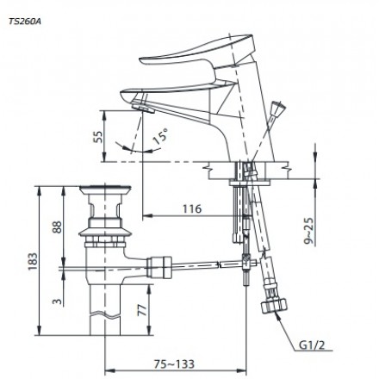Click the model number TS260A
point(25,22)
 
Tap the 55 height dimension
point(98,137)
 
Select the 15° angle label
point(160,136)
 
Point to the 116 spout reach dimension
point(192,208)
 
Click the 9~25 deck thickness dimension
point(309,231)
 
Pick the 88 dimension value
point(58,227)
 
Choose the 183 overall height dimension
point(33,261)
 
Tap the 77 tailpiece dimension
point(142,310)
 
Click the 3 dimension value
point(58,301)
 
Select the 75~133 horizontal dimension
point(174,364)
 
